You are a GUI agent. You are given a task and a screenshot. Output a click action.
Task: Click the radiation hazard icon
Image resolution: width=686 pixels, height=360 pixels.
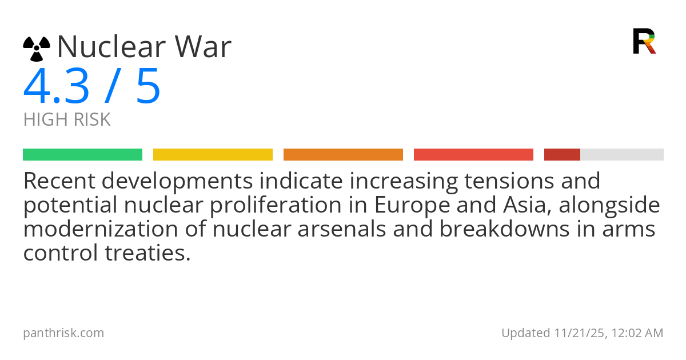37,49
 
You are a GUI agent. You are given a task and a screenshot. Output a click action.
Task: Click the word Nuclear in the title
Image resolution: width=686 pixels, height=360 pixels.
111,46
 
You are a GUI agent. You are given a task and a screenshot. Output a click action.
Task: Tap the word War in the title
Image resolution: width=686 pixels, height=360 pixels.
203,46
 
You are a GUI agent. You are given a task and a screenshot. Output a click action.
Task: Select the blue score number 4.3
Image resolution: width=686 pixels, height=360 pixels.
56,86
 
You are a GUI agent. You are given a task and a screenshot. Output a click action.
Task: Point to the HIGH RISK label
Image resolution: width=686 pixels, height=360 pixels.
67,119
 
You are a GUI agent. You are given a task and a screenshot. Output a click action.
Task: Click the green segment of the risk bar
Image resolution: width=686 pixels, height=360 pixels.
83,155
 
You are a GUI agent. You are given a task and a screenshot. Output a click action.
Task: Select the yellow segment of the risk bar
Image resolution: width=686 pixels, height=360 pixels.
213,155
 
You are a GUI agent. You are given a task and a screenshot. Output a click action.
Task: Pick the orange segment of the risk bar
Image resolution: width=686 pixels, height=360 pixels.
344,155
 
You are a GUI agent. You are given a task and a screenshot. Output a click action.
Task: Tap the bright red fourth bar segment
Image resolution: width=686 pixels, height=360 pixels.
473,155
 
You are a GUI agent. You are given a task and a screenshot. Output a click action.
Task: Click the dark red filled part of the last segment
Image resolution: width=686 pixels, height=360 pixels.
562,155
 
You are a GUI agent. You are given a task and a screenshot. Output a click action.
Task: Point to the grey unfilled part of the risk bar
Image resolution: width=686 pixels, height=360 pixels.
622,155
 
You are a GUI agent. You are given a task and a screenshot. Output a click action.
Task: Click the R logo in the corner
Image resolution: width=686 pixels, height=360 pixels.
644,41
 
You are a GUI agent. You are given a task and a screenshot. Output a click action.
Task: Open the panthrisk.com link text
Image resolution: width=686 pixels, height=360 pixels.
63,333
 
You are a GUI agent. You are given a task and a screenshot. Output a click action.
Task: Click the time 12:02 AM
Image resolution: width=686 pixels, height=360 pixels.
637,333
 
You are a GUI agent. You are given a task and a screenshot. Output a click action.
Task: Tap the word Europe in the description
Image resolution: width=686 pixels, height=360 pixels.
412,205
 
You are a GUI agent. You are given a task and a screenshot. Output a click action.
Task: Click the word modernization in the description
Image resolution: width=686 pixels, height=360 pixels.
101,229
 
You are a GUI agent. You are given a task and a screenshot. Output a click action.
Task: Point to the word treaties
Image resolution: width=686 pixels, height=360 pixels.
148,253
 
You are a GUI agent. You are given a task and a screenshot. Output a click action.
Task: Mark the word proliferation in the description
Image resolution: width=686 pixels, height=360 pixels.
276,205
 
